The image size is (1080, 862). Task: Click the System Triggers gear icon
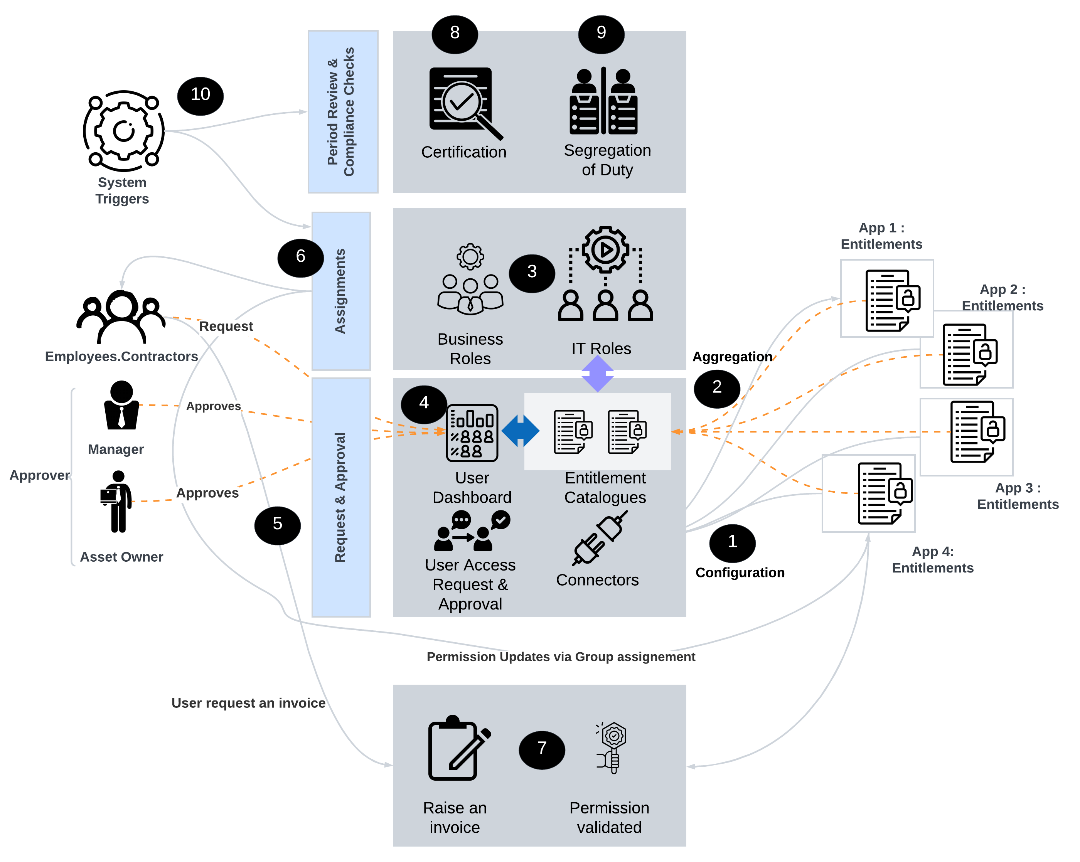click(x=123, y=131)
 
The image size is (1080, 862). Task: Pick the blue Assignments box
click(x=340, y=291)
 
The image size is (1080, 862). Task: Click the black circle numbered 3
click(x=531, y=273)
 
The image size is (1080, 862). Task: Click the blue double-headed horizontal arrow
click(x=520, y=430)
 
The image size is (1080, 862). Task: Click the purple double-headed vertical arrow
click(x=597, y=374)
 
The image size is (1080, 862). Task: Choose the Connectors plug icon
click(x=599, y=539)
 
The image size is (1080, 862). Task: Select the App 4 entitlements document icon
click(x=885, y=493)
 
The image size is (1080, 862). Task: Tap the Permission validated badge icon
click(x=612, y=747)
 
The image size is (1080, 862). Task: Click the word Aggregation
click(x=732, y=357)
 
